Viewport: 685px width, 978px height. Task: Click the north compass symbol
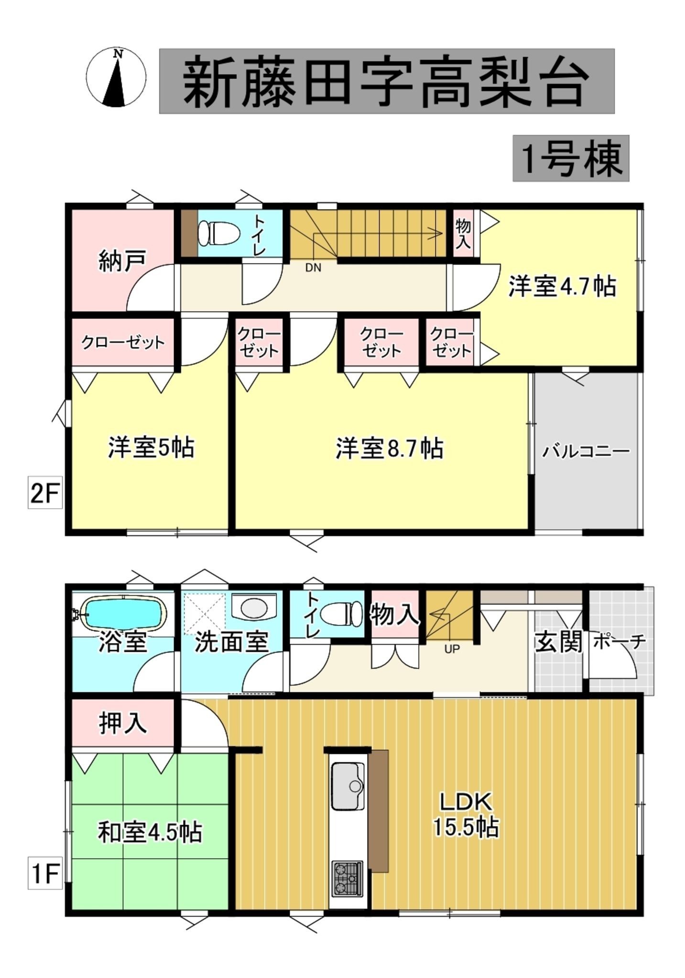[x=116, y=77]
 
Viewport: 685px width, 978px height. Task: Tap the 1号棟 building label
[x=571, y=159]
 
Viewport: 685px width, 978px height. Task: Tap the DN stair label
[x=313, y=268]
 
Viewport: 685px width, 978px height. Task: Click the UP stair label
[x=452, y=649]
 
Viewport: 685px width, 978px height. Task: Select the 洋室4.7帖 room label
[x=562, y=287]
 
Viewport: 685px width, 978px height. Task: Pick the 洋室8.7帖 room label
[x=390, y=449]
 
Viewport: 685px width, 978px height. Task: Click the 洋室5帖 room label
[x=151, y=448]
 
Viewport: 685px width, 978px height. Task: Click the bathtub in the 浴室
[x=122, y=613]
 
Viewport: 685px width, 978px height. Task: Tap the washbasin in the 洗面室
[x=254, y=608]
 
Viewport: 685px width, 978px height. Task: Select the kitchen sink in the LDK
[x=348, y=786]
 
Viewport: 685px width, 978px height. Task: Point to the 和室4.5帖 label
[x=150, y=832]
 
